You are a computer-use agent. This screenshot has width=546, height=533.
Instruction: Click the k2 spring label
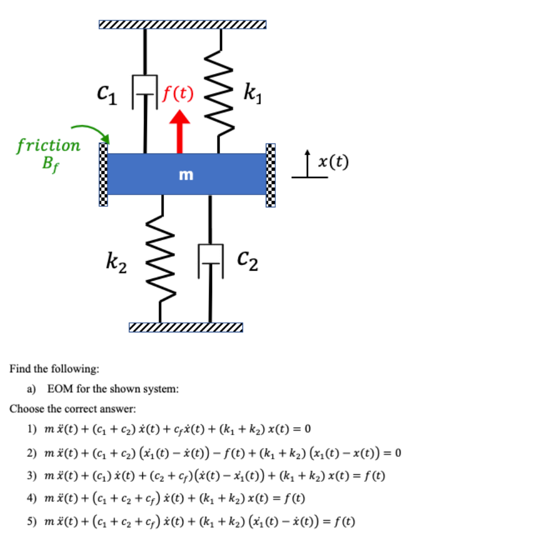click(x=116, y=261)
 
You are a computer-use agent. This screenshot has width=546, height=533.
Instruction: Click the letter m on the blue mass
click(x=186, y=175)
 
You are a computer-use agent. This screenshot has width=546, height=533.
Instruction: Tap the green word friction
click(x=48, y=146)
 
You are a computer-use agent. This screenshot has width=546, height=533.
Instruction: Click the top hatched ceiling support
click(x=182, y=24)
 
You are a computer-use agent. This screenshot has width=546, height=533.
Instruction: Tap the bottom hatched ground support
click(x=185, y=327)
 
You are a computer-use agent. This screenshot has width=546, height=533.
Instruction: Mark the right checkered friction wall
click(x=270, y=175)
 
